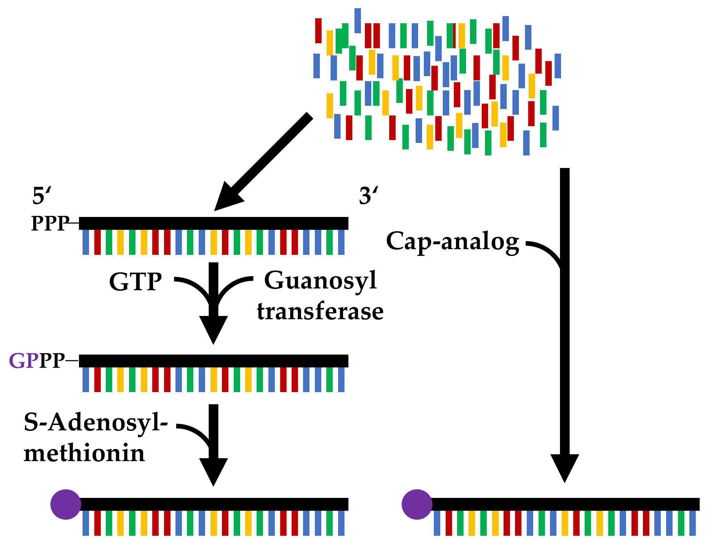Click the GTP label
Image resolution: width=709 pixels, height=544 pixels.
[x=135, y=282]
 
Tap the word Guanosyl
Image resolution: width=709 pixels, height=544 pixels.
[x=320, y=281]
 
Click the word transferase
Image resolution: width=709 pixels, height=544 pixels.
[x=320, y=311]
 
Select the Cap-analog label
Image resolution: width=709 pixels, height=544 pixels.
[x=452, y=242]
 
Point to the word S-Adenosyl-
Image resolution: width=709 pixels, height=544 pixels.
[x=95, y=423]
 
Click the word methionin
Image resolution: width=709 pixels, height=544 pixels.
[x=84, y=454]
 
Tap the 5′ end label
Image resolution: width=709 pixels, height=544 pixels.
[x=42, y=196]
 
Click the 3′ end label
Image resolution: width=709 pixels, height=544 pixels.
[x=368, y=196]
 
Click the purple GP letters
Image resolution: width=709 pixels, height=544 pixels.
[x=24, y=361]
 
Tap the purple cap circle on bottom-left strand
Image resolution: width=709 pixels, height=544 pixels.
[x=66, y=504]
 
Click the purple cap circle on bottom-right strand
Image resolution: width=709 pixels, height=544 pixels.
[x=417, y=504]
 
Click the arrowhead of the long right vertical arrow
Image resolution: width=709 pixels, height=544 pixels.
[x=565, y=466]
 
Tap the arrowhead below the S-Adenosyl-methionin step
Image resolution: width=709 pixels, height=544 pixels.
[x=213, y=470]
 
